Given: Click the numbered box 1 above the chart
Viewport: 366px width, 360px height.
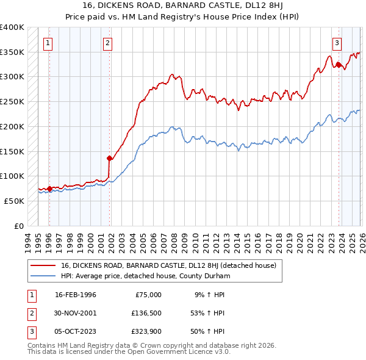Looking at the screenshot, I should point(48,43).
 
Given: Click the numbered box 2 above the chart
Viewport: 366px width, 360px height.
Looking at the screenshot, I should point(107,43).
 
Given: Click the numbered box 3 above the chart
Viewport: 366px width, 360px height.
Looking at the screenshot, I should point(337,43).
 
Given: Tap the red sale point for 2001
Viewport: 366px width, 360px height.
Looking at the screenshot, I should point(109,158).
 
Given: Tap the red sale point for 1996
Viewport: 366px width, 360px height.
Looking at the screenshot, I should point(49,189).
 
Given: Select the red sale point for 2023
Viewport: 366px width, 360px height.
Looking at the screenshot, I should point(338,64).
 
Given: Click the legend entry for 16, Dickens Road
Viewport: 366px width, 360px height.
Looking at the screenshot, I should point(168,265).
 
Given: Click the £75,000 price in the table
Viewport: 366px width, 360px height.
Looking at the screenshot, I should point(148,295).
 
